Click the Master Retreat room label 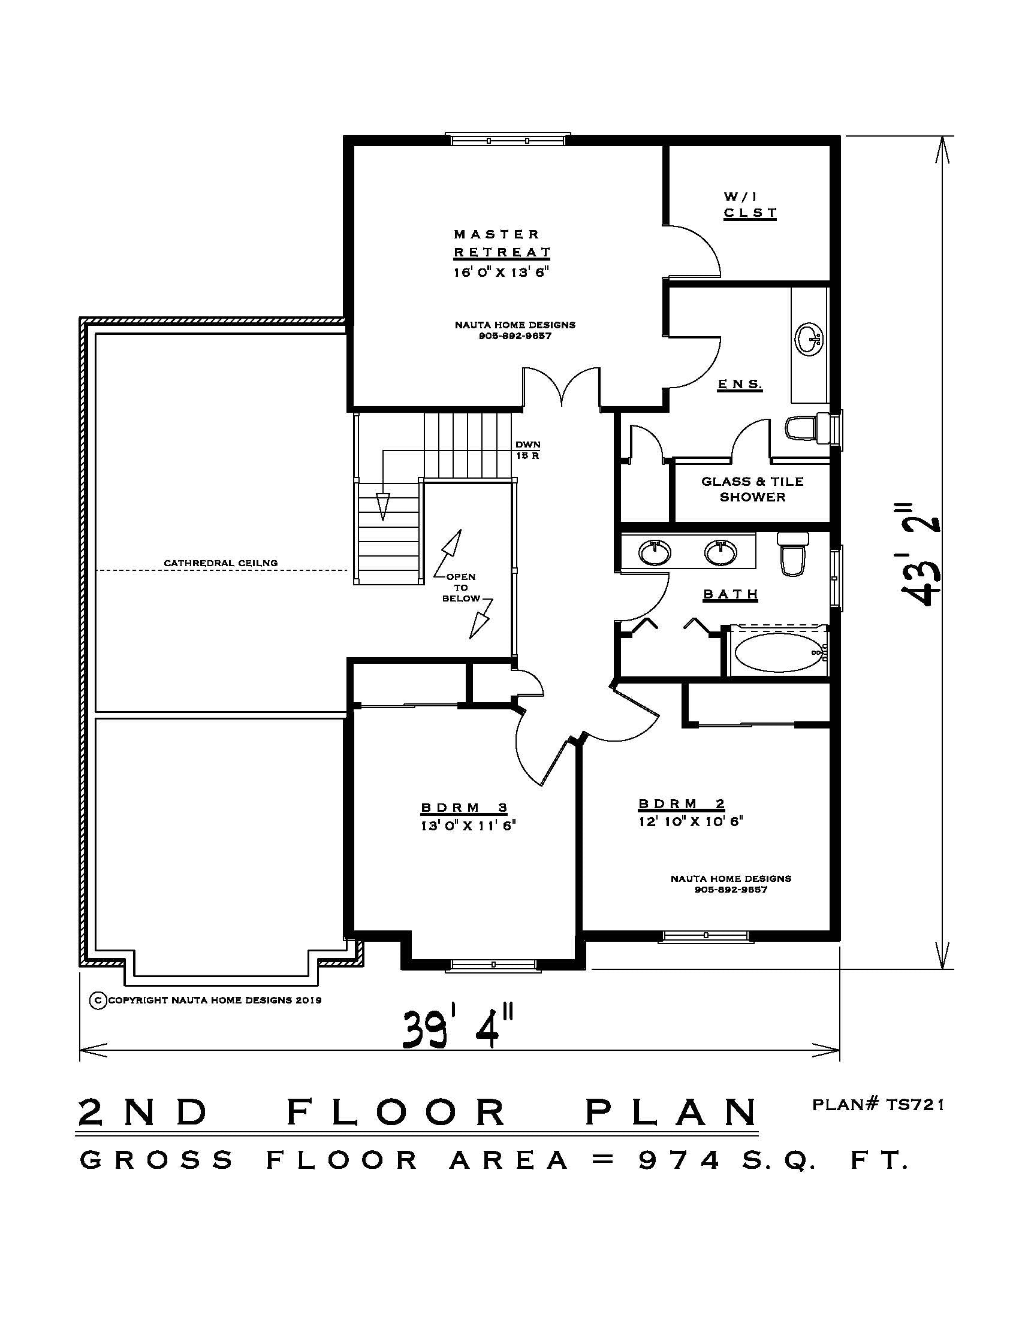(502, 243)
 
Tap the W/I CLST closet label (749, 204)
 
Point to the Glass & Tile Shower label (752, 489)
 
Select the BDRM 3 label (464, 808)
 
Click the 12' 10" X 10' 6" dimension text (690, 821)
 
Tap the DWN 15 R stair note (527, 450)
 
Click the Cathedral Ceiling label (221, 563)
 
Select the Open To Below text (461, 587)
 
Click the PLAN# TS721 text (878, 1105)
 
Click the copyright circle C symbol (98, 1000)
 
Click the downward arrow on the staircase (383, 506)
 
